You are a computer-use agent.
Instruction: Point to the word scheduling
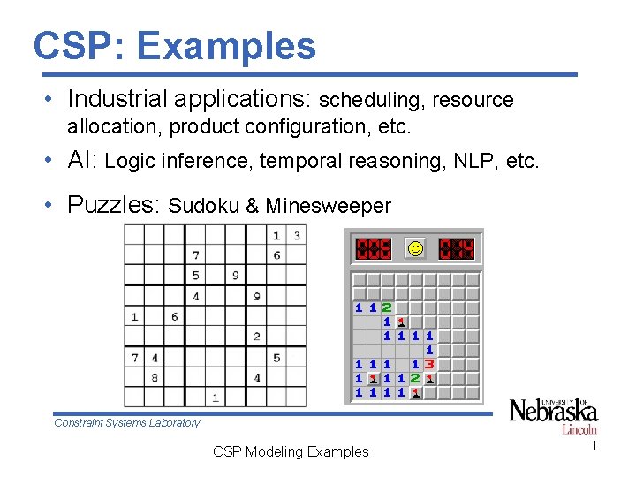(371, 100)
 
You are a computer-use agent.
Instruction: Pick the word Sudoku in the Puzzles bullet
(203, 206)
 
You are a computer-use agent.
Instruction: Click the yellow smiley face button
(414, 249)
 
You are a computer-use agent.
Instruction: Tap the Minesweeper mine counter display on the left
(373, 249)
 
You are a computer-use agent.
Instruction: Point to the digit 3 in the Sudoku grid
(296, 235)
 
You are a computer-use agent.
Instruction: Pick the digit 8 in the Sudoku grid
(155, 377)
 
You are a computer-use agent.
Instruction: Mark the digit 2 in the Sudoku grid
(256, 337)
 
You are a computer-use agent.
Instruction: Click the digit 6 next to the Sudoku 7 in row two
(276, 255)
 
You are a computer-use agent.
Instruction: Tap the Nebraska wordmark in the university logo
(553, 412)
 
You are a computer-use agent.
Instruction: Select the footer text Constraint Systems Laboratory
(127, 423)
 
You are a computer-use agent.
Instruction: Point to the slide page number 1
(594, 446)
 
